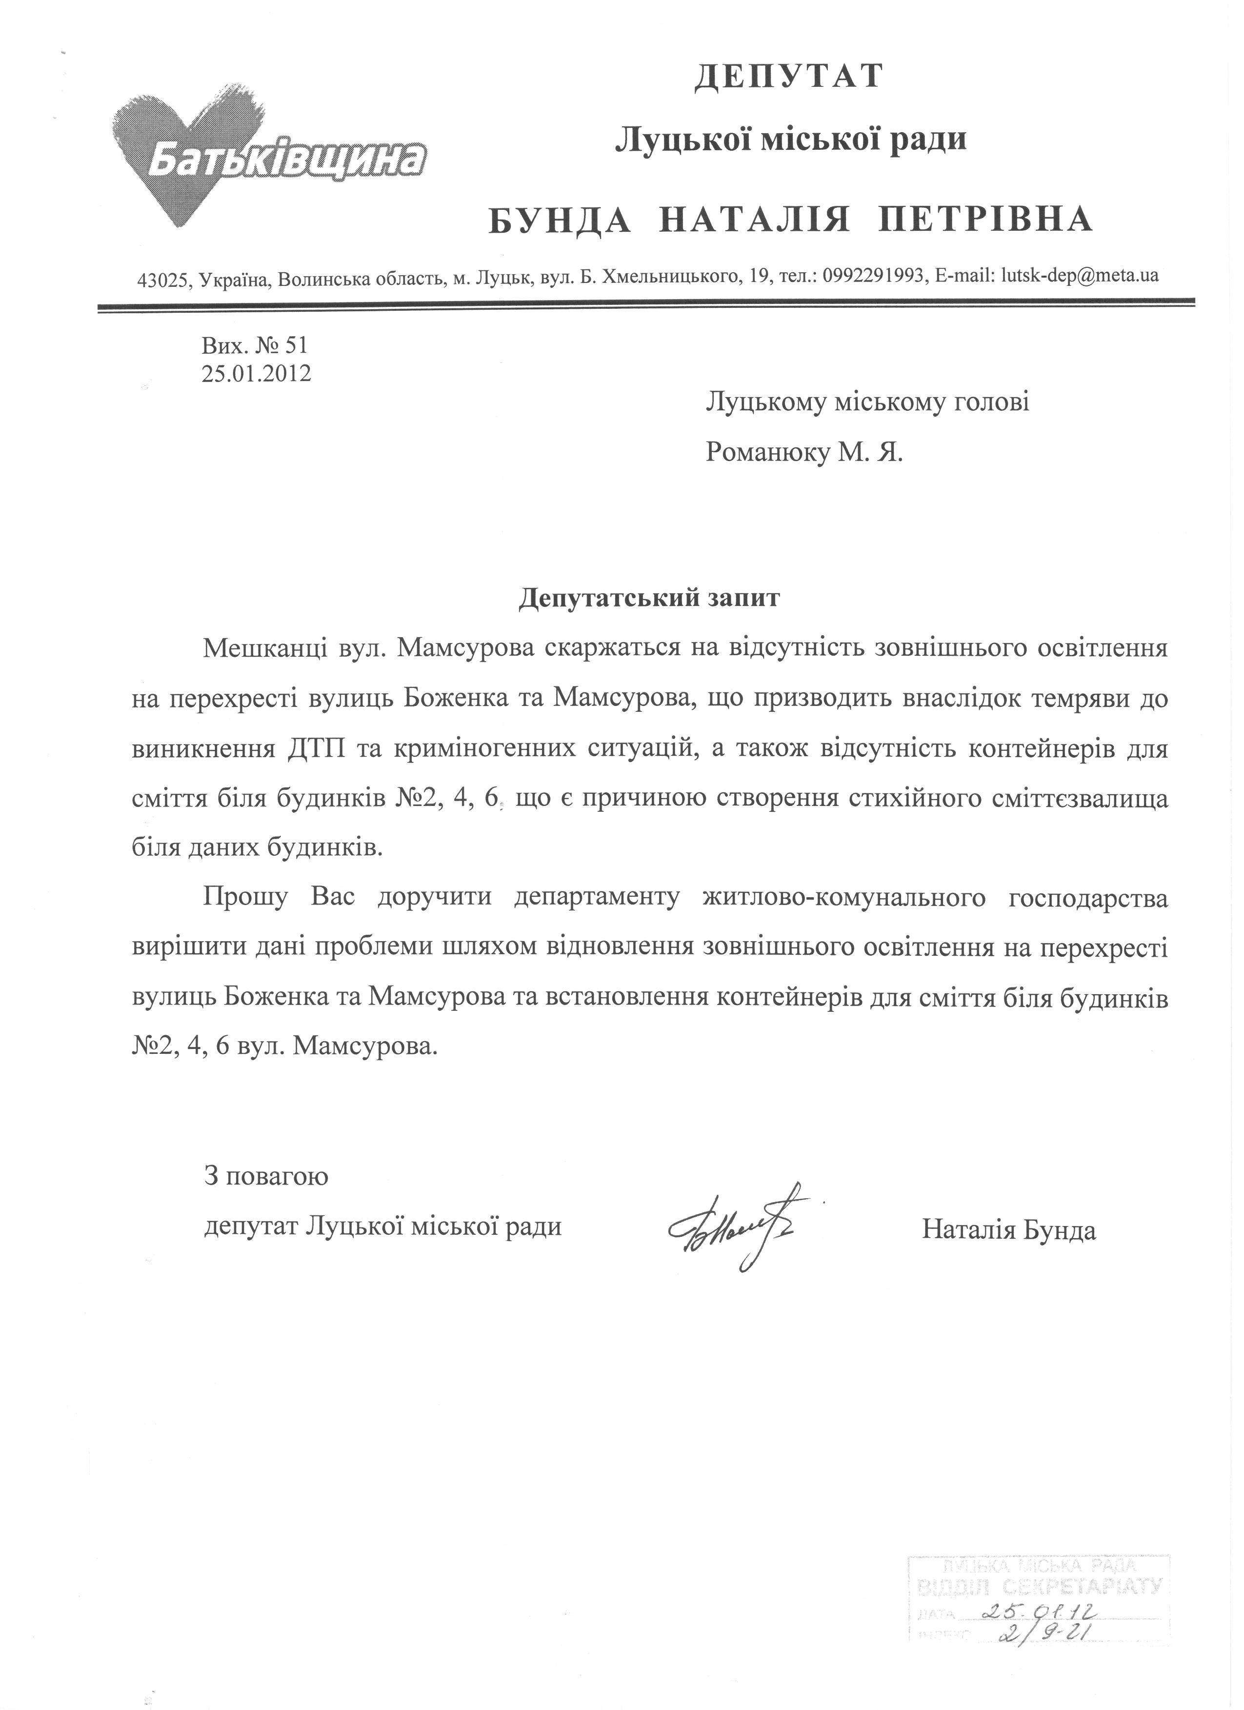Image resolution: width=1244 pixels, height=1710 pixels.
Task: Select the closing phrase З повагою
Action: (x=266, y=1175)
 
